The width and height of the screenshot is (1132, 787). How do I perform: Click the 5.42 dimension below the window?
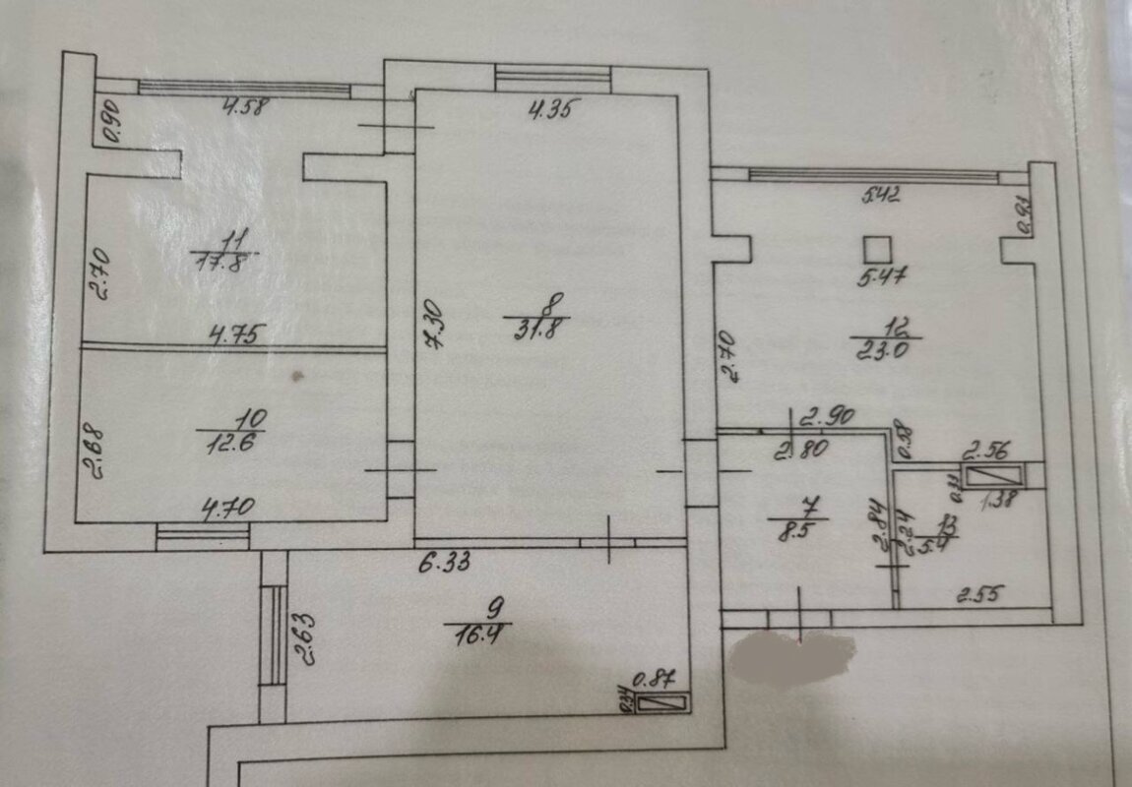[x=881, y=194]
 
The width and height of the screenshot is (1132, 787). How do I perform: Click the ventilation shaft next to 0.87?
[x=663, y=704]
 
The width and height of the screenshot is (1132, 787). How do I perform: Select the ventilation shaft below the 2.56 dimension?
[x=995, y=477]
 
